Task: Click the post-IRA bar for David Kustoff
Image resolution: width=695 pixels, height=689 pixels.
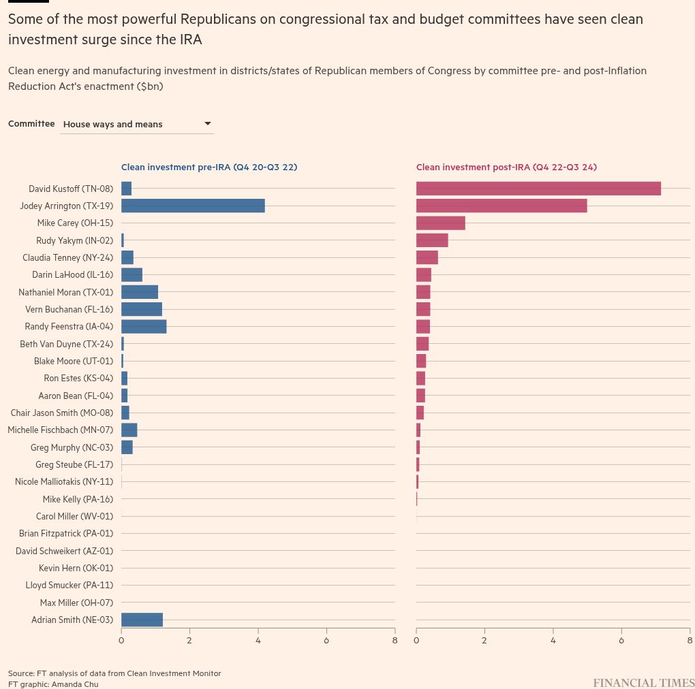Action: point(538,189)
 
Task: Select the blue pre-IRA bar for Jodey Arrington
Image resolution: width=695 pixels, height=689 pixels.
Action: point(194,206)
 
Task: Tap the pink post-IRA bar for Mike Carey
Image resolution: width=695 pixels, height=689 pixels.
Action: point(441,223)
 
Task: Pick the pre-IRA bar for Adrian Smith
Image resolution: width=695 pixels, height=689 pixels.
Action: point(142,620)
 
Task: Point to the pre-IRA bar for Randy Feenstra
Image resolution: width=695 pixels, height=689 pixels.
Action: point(144,327)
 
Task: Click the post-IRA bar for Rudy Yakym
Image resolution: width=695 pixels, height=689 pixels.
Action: point(432,240)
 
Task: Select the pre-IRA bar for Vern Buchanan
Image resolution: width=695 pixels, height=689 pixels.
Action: point(142,310)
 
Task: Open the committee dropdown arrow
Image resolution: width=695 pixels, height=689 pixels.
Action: point(207,123)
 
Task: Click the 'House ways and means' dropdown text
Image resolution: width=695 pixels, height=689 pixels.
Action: point(113,125)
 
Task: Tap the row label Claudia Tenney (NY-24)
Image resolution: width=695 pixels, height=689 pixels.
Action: point(68,258)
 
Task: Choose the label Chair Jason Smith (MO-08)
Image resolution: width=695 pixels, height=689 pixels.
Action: point(62,413)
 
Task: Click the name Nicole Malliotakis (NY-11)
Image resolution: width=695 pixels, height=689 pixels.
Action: point(64,482)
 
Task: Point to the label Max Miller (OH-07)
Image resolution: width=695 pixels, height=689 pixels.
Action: point(77,603)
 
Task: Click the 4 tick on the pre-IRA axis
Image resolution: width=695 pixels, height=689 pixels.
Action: point(258,640)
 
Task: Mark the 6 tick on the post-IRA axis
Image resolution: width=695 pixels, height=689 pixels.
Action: point(621,640)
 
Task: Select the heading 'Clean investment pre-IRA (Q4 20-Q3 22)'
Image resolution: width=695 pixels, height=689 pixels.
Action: point(209,167)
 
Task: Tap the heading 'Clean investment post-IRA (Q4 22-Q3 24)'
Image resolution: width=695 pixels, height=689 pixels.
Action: point(507,167)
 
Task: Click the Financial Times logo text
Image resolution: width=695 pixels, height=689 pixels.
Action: point(644,682)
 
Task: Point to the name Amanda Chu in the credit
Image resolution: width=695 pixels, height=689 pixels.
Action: point(75,684)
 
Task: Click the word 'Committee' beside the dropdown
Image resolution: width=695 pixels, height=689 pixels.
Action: point(31,123)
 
